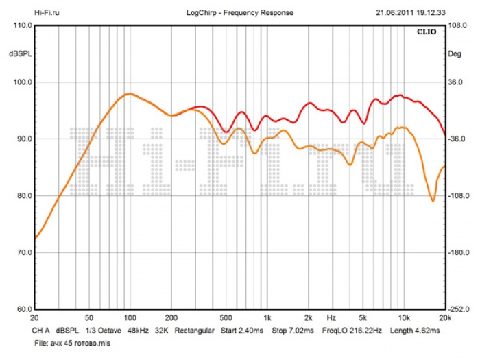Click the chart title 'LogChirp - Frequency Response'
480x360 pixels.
(239, 12)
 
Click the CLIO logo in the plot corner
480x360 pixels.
(430, 31)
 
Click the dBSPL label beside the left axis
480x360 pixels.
(19, 53)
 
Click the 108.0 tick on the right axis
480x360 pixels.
(457, 25)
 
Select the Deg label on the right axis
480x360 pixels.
(455, 53)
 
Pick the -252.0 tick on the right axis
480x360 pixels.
(458, 309)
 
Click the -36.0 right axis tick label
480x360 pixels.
(457, 139)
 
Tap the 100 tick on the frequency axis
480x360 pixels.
(130, 319)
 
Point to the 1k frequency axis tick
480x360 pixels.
(267, 319)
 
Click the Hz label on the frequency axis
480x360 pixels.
(331, 319)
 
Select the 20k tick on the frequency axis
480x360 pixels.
(445, 319)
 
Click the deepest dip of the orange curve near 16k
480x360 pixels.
(433, 201)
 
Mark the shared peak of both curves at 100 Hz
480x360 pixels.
(129, 94)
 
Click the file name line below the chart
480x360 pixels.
(71, 342)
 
